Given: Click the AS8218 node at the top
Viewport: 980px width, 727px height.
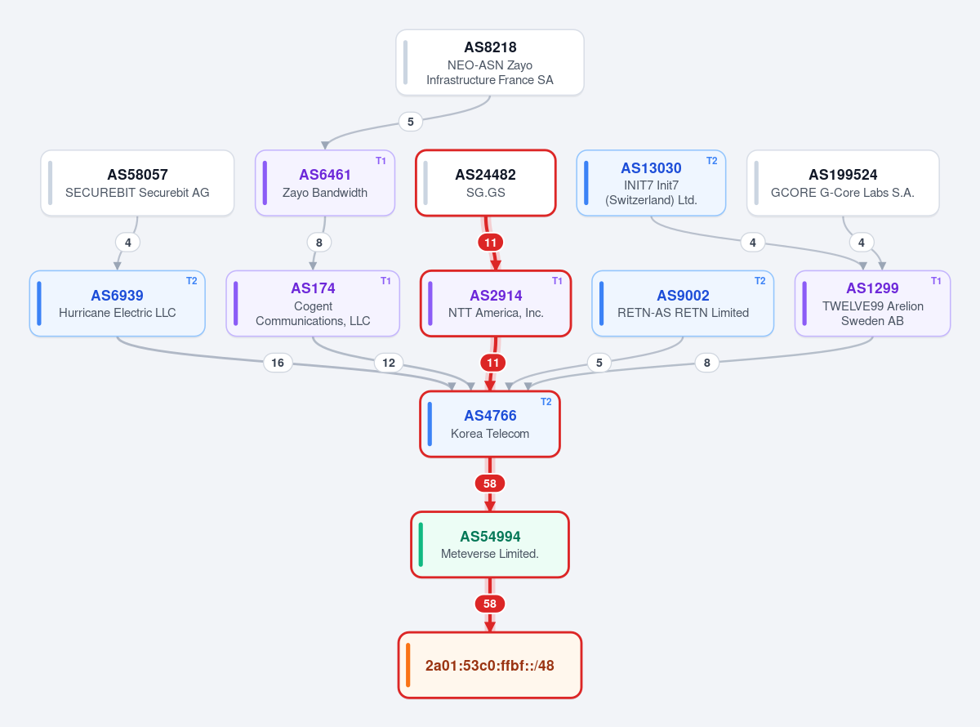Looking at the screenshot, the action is (x=489, y=62).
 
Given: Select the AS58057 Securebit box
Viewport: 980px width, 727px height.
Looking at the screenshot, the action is (x=137, y=183).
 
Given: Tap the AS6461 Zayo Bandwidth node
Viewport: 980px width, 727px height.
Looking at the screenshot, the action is (x=325, y=183).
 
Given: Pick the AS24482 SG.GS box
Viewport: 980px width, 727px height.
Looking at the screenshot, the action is (x=486, y=183).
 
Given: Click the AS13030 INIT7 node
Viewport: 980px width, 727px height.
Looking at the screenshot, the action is (x=651, y=183).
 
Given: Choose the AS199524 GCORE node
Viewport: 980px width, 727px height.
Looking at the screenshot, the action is (x=843, y=183).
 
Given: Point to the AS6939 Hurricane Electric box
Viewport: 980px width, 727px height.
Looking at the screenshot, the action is (x=117, y=304).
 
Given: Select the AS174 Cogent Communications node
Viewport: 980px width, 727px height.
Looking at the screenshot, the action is (x=313, y=304).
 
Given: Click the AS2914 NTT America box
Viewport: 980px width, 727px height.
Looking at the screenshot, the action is (x=496, y=304).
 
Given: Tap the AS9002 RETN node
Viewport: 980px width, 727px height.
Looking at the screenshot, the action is (x=683, y=304).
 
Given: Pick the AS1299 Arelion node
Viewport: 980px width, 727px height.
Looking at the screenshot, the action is (x=872, y=304).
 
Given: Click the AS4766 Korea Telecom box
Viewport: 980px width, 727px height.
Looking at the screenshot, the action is (x=489, y=424).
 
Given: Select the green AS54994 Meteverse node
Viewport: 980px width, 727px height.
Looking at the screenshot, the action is (x=489, y=545).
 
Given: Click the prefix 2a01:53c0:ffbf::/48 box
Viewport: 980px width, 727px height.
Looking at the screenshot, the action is (x=489, y=665).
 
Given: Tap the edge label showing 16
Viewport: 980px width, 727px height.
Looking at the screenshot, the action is (x=278, y=363).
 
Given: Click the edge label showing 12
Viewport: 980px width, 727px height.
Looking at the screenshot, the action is (x=389, y=363).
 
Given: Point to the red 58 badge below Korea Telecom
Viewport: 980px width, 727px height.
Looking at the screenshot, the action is (x=489, y=484).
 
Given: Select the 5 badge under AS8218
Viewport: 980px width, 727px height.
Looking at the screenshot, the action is (x=411, y=122).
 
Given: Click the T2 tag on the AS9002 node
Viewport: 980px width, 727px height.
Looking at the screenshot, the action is (x=759, y=281).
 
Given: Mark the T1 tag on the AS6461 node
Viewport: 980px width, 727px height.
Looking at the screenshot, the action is (x=381, y=161).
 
